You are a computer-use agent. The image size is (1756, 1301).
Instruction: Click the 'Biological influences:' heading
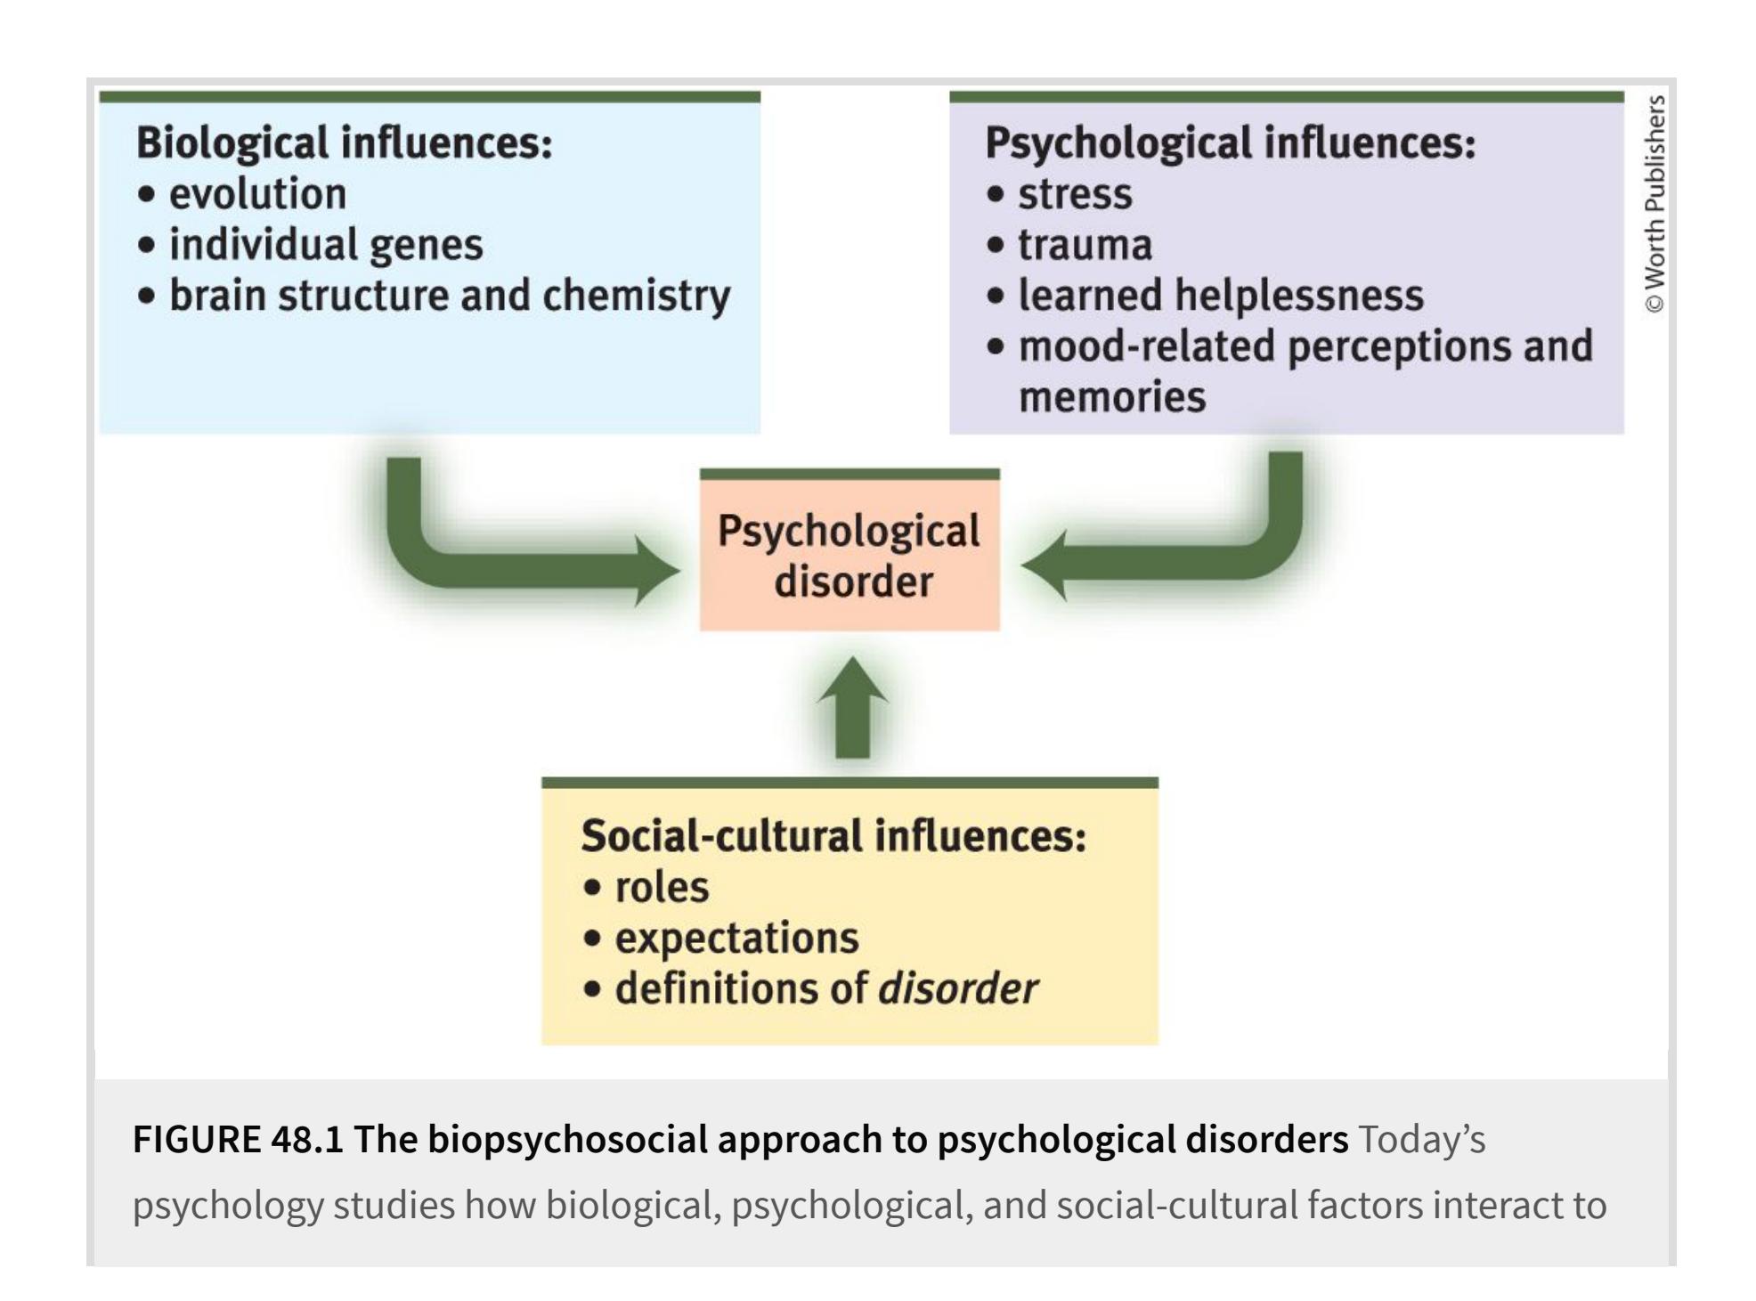(x=344, y=143)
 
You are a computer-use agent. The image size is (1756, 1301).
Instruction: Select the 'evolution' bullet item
(x=257, y=194)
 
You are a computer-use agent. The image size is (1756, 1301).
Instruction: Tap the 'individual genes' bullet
(x=326, y=245)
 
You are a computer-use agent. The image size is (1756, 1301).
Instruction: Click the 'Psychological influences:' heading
(x=1230, y=143)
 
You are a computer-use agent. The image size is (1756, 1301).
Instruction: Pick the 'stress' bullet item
(x=1075, y=194)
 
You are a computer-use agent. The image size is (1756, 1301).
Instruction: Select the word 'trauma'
(x=1085, y=245)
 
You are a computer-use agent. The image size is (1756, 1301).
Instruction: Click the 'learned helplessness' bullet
(x=1220, y=296)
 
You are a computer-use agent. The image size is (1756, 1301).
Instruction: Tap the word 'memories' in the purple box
(x=1112, y=397)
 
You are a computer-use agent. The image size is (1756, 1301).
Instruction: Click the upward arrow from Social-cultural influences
(x=852, y=712)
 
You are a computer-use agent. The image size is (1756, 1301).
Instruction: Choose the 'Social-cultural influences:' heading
(x=833, y=836)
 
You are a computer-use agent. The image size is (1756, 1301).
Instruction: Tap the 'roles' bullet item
(x=662, y=887)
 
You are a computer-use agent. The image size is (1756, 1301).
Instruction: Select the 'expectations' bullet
(x=736, y=938)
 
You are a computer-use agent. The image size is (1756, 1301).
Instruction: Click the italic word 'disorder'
(x=958, y=988)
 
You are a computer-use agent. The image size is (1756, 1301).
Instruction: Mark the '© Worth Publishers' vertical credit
(x=1654, y=205)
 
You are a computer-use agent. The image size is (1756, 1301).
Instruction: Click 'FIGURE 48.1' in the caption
(x=238, y=1140)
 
